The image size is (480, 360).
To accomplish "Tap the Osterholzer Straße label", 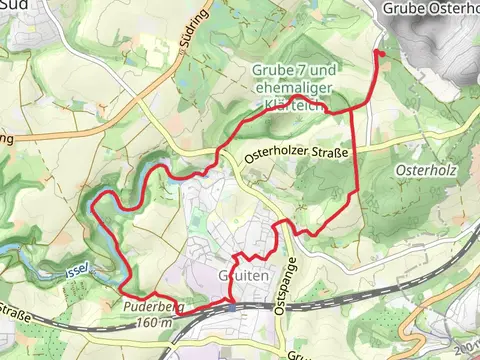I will point(296,152).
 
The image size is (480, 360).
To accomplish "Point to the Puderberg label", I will point(149,308).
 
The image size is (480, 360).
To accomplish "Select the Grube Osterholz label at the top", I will point(431,8).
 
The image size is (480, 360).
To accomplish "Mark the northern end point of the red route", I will point(377,51).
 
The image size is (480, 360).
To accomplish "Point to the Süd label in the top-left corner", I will point(12,6).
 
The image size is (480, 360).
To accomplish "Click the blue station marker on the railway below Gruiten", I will point(232,307).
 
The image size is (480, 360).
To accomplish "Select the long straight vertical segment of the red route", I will point(356,150).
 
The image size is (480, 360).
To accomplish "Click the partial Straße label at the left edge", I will point(17,317).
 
